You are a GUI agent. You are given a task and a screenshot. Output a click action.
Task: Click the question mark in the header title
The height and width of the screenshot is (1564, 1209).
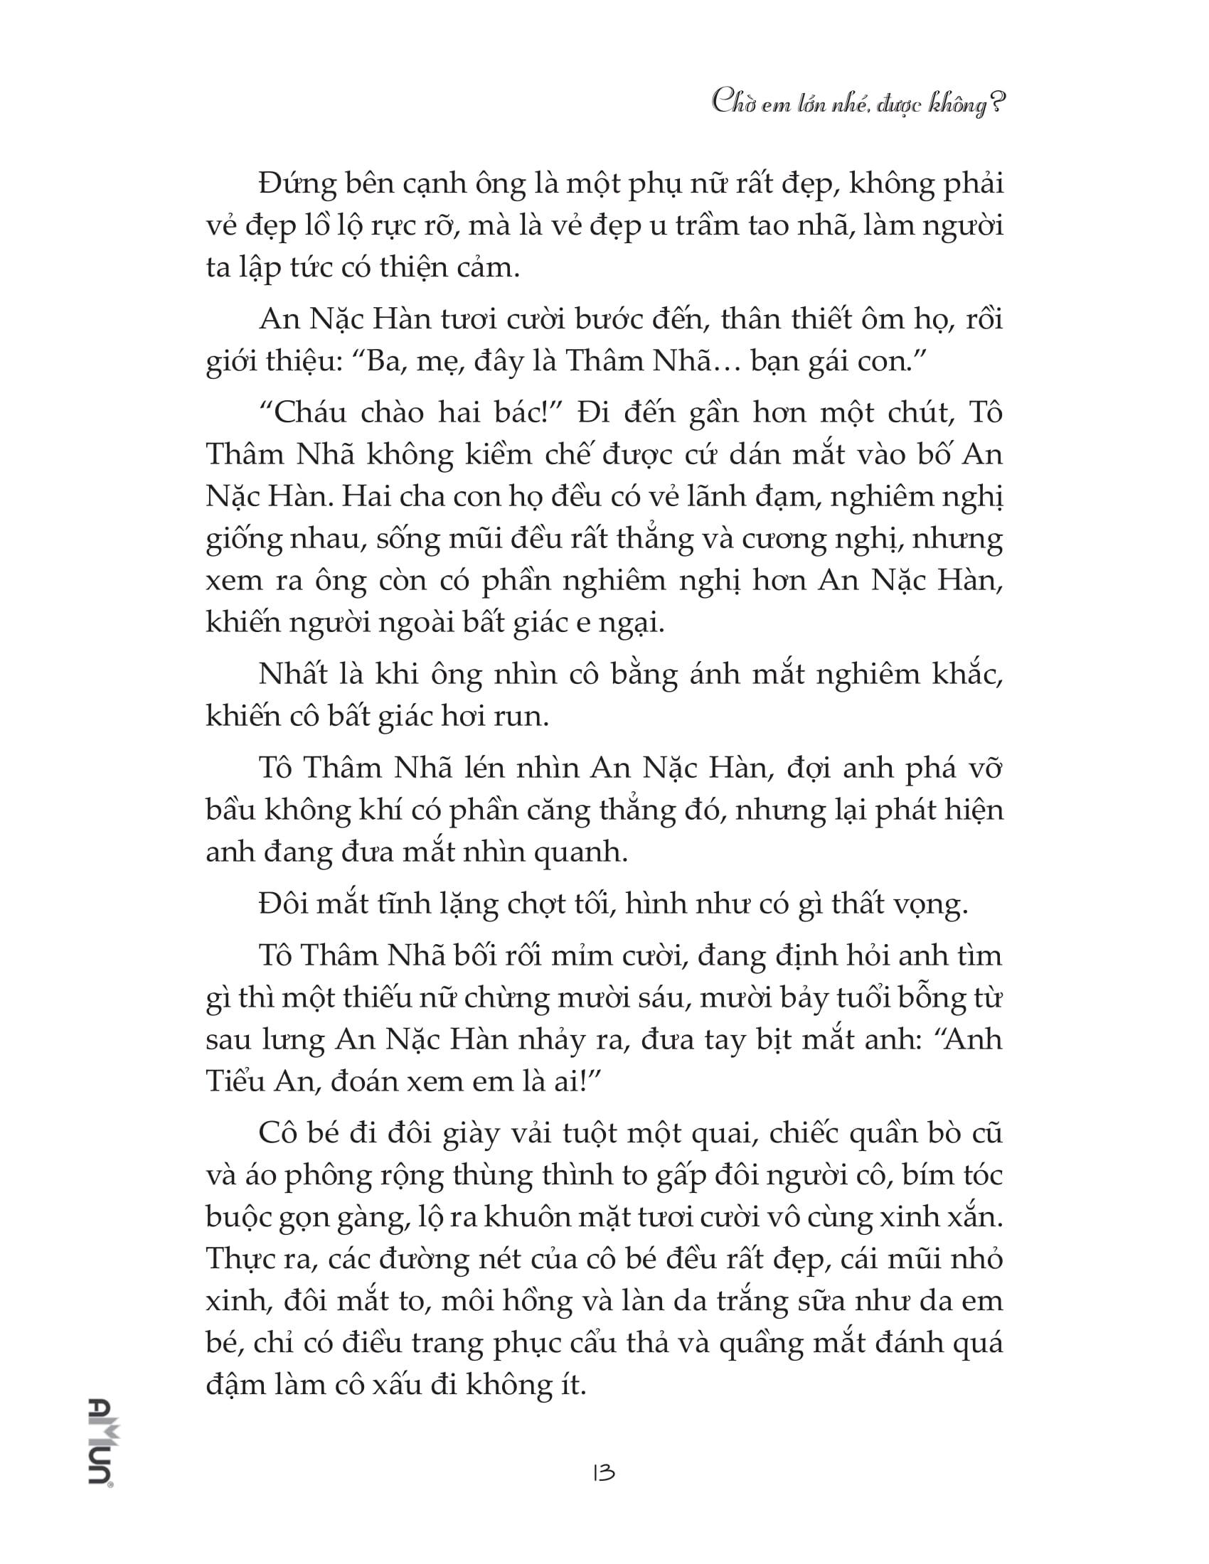[994, 106]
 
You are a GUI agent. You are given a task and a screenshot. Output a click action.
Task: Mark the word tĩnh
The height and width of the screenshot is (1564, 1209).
[396, 904]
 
